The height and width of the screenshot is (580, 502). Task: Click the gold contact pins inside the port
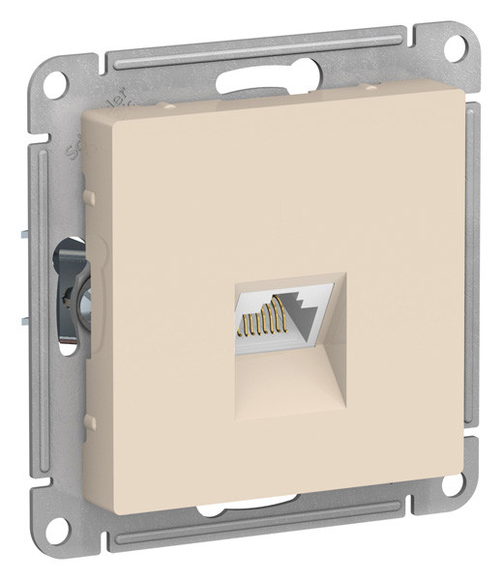[260, 316]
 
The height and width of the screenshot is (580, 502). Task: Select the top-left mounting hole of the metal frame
[60, 79]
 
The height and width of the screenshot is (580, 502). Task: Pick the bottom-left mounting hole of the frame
[60, 527]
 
